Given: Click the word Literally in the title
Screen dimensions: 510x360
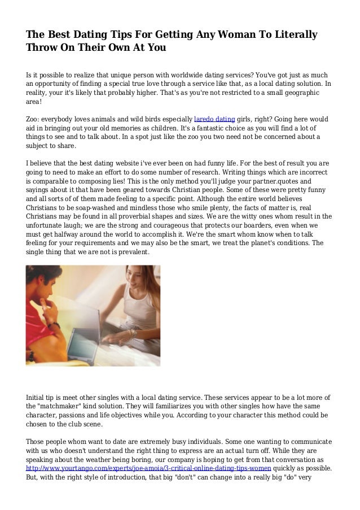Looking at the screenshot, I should tap(290, 35).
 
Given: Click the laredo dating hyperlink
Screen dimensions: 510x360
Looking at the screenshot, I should tap(214, 119).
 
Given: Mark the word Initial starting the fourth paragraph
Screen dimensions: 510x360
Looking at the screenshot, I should tap(37, 397).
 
